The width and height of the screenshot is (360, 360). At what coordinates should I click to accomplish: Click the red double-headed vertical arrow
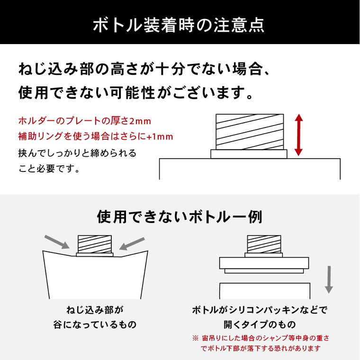(x=298, y=135)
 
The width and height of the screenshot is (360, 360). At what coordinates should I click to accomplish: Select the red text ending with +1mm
(x=95, y=137)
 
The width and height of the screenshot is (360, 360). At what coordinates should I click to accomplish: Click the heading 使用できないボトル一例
(x=180, y=217)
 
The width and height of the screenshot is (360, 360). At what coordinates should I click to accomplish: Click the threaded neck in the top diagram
(x=249, y=132)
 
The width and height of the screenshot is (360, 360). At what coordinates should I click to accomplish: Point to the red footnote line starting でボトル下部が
(x=261, y=348)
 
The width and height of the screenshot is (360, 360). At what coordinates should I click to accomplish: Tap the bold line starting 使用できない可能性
(x=135, y=92)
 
